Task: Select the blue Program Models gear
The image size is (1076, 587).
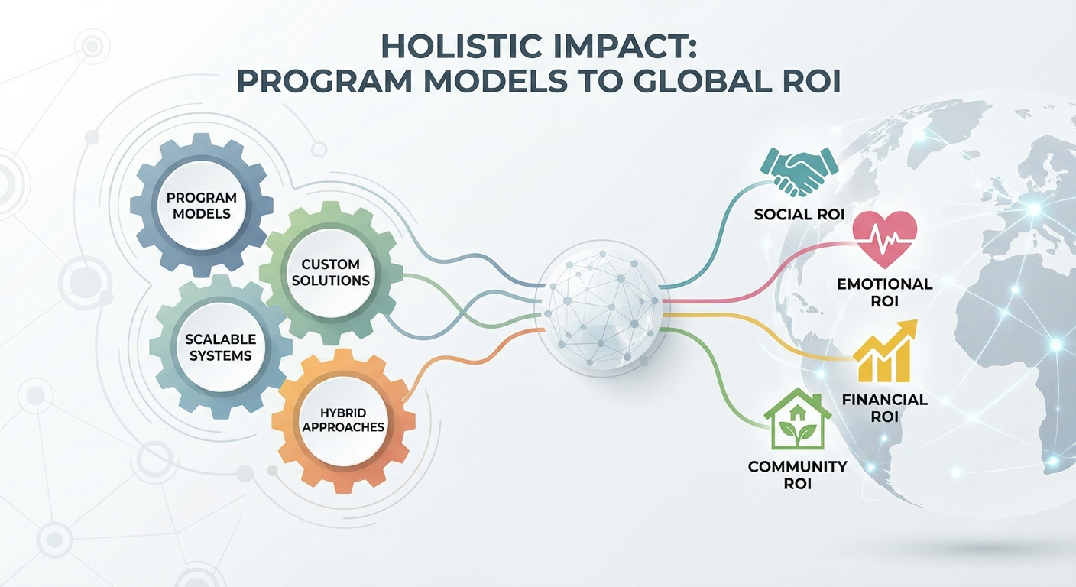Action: pos(201,204)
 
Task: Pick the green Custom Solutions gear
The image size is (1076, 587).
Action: pos(330,272)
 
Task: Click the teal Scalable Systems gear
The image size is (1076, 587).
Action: pos(220,346)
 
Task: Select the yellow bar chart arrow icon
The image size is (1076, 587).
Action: pos(883,352)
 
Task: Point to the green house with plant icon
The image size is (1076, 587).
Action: pos(797,423)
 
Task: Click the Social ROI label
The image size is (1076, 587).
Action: pos(799,215)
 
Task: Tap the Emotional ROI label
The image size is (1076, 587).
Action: pos(884,292)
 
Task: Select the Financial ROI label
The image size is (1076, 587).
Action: pos(884,407)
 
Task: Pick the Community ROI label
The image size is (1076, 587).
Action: pos(797,475)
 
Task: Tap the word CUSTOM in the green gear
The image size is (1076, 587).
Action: pos(330,264)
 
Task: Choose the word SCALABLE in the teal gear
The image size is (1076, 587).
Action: pos(220,339)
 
